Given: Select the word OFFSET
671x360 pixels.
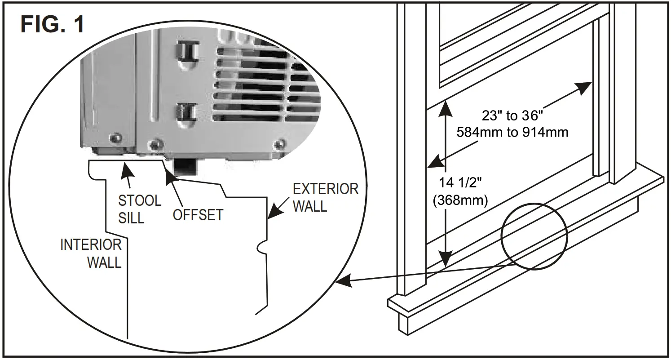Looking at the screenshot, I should (198, 215).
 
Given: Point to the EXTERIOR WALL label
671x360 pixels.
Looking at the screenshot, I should (325, 198).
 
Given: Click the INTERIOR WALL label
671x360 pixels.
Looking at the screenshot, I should (91, 253).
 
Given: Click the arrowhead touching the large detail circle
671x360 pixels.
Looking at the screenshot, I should (342, 282).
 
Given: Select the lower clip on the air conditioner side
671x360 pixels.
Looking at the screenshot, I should (185, 111).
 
